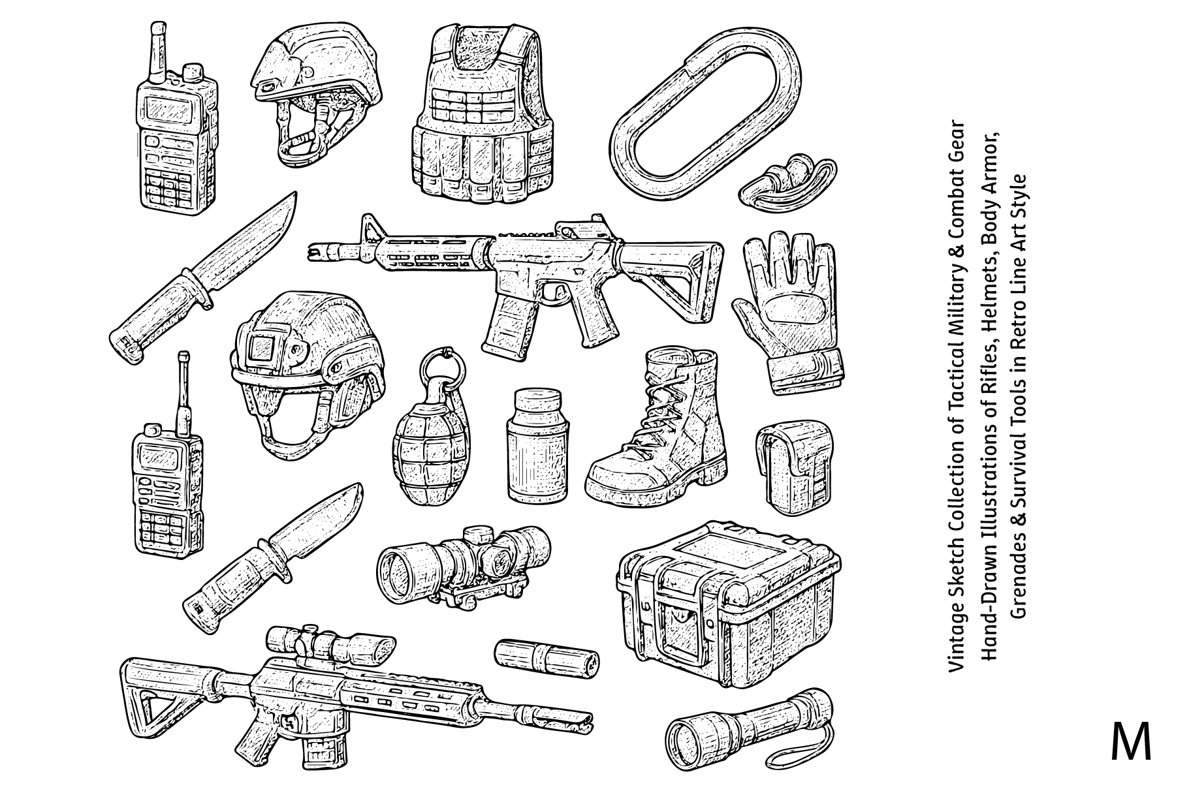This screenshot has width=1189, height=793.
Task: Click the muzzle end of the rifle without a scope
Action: tap(311, 249)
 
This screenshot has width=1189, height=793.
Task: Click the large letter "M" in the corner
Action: tap(1131, 741)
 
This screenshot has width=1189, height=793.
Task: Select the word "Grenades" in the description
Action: tap(1018, 574)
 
